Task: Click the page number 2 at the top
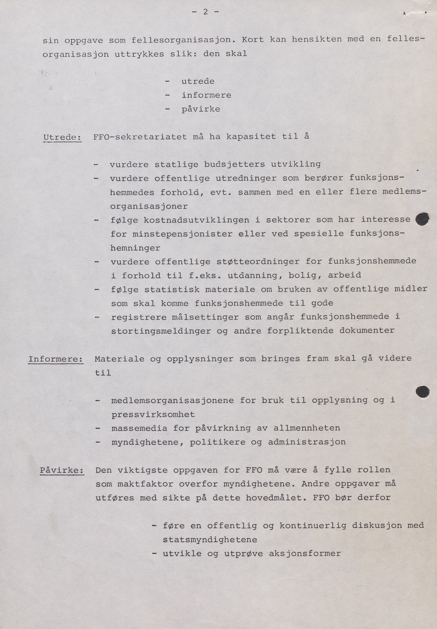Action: click(x=205, y=12)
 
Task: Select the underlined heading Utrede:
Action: click(x=62, y=137)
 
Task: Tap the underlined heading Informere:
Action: click(x=55, y=359)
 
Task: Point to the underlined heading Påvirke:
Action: click(x=62, y=470)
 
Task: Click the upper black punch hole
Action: click(x=423, y=219)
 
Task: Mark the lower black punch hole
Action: click(x=422, y=391)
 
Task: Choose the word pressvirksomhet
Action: click(x=153, y=414)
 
